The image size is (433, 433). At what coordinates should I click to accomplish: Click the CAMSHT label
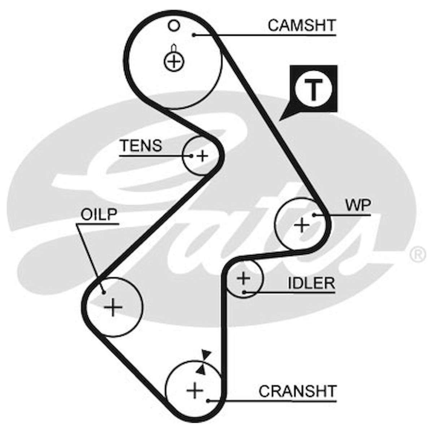pyautogui.click(x=302, y=26)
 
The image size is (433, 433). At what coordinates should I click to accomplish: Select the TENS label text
pyautogui.click(x=141, y=146)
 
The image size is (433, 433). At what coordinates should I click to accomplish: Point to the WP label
pyautogui.click(x=358, y=206)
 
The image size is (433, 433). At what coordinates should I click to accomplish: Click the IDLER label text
pyautogui.click(x=311, y=284)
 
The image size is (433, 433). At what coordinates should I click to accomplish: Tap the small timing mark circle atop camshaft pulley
pyautogui.click(x=175, y=26)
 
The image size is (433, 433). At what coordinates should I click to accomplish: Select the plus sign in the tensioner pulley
pyautogui.click(x=203, y=156)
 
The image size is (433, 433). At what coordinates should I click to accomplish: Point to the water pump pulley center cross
pyautogui.click(x=302, y=226)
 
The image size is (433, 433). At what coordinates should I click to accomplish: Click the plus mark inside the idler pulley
pyautogui.click(x=244, y=278)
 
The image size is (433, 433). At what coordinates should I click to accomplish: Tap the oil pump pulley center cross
pyautogui.click(x=113, y=307)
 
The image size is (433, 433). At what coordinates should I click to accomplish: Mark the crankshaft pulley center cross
pyautogui.click(x=195, y=390)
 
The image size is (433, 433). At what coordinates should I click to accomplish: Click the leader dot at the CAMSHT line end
pyautogui.click(x=194, y=35)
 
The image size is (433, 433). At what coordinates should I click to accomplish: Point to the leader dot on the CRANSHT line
pyautogui.click(x=208, y=401)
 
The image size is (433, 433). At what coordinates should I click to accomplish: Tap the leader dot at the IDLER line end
pyautogui.click(x=244, y=292)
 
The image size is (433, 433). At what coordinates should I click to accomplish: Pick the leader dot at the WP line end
pyautogui.click(x=314, y=215)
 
